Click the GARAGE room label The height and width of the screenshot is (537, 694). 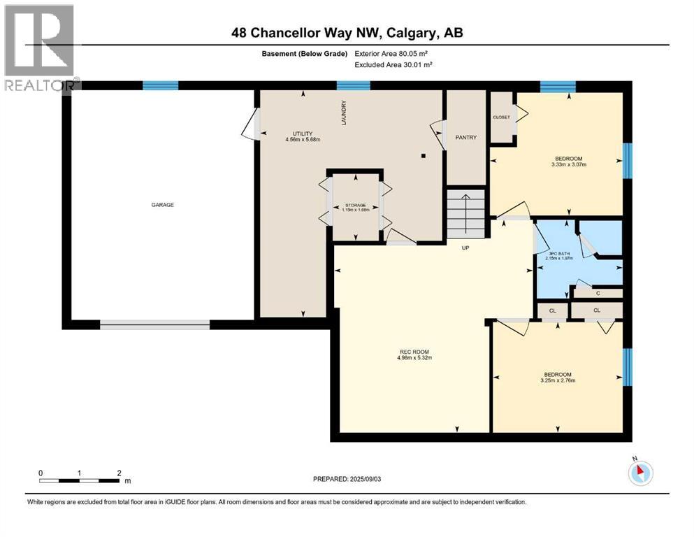pos(162,205)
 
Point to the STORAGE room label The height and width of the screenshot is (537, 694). pos(354,205)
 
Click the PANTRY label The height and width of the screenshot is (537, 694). pos(465,138)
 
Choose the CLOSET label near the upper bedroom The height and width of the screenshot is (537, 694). pos(501,117)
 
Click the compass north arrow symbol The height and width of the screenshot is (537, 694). pos(639,472)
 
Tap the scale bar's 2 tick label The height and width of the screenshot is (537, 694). pos(120,473)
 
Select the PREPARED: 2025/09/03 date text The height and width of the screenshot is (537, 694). pos(352,480)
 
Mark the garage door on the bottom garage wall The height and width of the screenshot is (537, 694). pos(154,324)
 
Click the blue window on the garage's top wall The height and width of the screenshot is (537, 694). pos(156,86)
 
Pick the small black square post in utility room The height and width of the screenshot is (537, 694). pos(424,156)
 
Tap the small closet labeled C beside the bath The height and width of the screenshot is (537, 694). pos(598,294)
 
